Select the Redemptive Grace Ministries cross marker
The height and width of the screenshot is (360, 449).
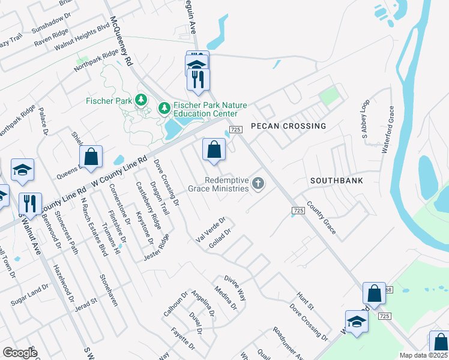click(x=258, y=184)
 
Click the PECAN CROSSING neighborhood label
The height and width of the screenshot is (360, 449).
click(x=288, y=127)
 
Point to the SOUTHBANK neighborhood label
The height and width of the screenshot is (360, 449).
click(x=336, y=181)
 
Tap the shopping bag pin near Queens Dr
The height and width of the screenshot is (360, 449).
click(x=91, y=157)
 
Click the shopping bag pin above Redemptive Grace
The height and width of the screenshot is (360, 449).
click(x=214, y=150)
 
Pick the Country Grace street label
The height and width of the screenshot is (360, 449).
click(x=321, y=214)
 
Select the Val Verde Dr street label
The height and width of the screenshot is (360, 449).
click(x=209, y=230)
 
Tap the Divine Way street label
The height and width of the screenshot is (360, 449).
click(x=235, y=287)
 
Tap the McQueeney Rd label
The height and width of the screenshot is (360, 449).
click(x=119, y=41)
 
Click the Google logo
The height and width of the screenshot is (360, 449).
click(x=19, y=353)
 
